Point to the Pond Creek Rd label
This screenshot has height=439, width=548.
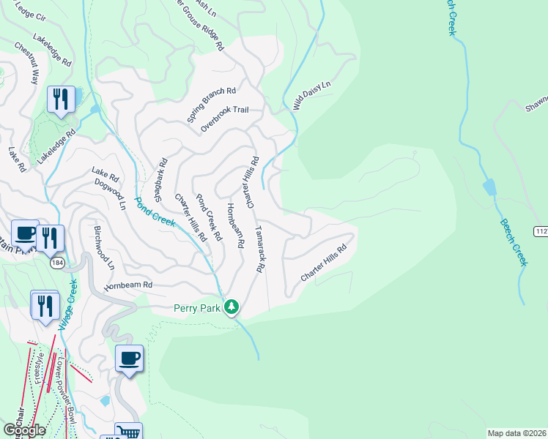(x=208, y=218)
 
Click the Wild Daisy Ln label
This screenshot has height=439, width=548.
(x=312, y=96)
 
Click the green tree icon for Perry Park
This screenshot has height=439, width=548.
(x=232, y=307)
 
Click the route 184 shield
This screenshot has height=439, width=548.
(x=56, y=262)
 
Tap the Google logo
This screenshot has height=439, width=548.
(x=23, y=430)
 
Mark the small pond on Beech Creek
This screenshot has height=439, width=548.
(x=489, y=188)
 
